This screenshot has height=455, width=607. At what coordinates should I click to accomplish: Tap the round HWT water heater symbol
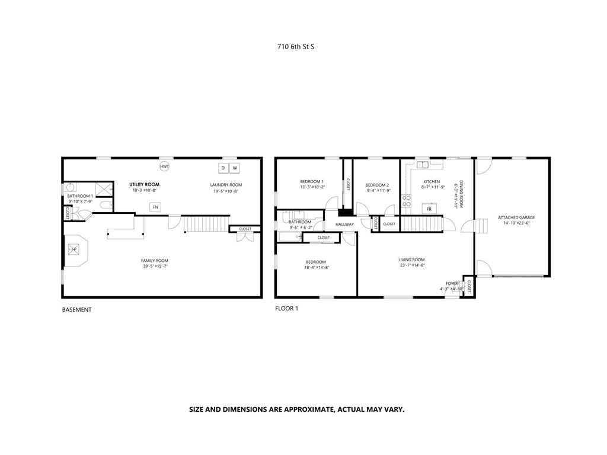(165, 167)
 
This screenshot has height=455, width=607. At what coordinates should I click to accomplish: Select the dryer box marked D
(223, 168)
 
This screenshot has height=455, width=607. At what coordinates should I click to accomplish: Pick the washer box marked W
(235, 168)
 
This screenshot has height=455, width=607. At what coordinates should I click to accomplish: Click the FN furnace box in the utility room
(155, 207)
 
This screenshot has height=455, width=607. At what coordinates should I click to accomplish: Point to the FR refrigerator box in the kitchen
(428, 209)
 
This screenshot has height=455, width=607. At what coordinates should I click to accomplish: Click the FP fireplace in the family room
(74, 249)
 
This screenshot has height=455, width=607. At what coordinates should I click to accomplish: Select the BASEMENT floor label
(77, 310)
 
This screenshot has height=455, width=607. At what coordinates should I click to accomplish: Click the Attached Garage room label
(516, 217)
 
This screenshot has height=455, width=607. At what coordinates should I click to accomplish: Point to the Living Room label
(411, 259)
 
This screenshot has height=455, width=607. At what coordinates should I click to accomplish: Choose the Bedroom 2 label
(377, 184)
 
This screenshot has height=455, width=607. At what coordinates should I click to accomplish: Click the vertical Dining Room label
(461, 194)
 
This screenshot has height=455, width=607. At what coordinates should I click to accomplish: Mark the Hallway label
(344, 225)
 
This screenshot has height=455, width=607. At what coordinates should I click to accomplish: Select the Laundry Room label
(226, 185)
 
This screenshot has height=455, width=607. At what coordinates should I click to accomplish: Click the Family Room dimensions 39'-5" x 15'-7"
(155, 267)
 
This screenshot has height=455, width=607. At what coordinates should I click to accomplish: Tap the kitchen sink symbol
(423, 165)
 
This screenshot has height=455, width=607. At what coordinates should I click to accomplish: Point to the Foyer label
(452, 283)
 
